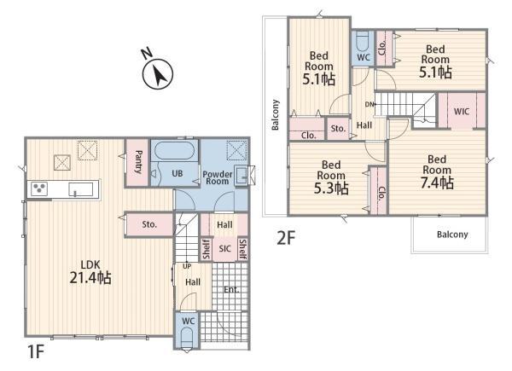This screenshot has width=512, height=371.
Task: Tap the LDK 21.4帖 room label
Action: [x=90, y=272]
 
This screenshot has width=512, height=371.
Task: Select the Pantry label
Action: [x=138, y=162]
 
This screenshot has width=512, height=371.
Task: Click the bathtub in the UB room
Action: [x=174, y=150]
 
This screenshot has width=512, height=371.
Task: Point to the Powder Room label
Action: [x=217, y=178]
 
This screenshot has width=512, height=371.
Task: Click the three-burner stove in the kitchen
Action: [x=39, y=189]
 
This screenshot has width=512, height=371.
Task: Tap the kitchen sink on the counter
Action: [x=80, y=189]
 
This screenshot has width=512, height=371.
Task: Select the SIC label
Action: [x=225, y=249]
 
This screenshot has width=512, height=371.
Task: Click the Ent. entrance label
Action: [x=231, y=289]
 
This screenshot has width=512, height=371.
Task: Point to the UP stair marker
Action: [x=187, y=266]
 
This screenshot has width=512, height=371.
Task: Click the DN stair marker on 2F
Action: [x=369, y=104]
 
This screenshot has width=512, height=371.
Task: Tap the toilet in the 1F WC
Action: [x=187, y=338]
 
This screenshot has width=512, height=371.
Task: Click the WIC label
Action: [x=462, y=112]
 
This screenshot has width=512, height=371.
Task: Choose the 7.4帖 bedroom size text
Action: [x=437, y=183]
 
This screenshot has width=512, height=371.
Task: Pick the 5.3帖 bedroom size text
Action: [x=331, y=188]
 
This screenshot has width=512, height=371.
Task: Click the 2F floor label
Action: [x=286, y=238]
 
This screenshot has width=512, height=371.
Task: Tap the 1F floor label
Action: [x=36, y=351]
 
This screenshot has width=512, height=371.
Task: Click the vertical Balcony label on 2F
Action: [x=276, y=114]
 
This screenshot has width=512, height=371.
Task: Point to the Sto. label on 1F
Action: [x=149, y=224]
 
